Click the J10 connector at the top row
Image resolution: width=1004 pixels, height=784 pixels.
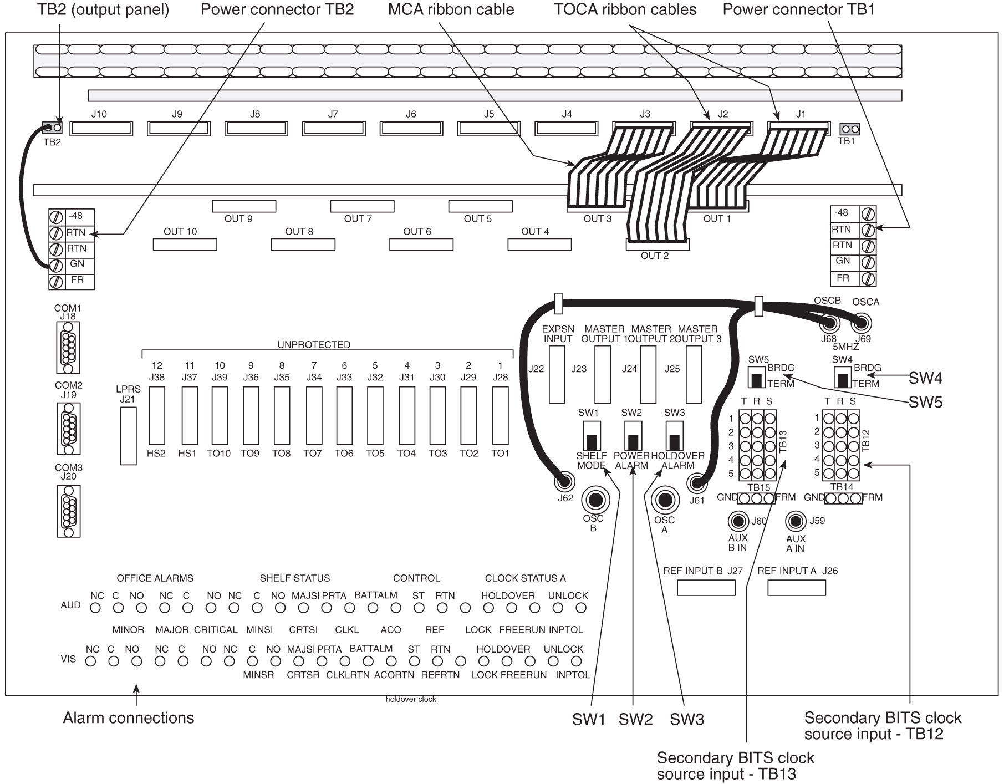(101, 129)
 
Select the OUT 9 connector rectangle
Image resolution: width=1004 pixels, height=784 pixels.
(244, 206)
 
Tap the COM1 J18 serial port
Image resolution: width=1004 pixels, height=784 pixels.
(68, 347)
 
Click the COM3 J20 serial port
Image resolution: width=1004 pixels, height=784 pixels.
(68, 511)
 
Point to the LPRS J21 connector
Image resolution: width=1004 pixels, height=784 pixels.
(128, 436)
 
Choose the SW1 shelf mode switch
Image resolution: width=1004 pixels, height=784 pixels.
(592, 435)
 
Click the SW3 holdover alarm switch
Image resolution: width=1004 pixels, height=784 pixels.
(674, 435)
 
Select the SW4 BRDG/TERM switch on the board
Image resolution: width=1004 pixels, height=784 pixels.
(842, 376)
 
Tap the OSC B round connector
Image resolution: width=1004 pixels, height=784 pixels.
(595, 500)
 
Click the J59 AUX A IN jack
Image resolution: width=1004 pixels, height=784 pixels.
(796, 521)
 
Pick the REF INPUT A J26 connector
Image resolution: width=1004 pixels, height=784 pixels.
(796, 587)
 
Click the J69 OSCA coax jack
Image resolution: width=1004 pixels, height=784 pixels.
(862, 323)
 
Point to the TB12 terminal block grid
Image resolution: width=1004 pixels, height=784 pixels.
(840, 445)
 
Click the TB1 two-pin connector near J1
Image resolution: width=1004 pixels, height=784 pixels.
(850, 129)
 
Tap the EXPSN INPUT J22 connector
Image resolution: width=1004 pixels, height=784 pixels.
(557, 375)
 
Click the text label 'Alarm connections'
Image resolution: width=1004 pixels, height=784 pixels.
(129, 718)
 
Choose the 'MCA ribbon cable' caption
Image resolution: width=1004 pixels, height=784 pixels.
(451, 9)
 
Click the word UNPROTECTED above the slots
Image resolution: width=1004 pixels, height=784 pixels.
(314, 345)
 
